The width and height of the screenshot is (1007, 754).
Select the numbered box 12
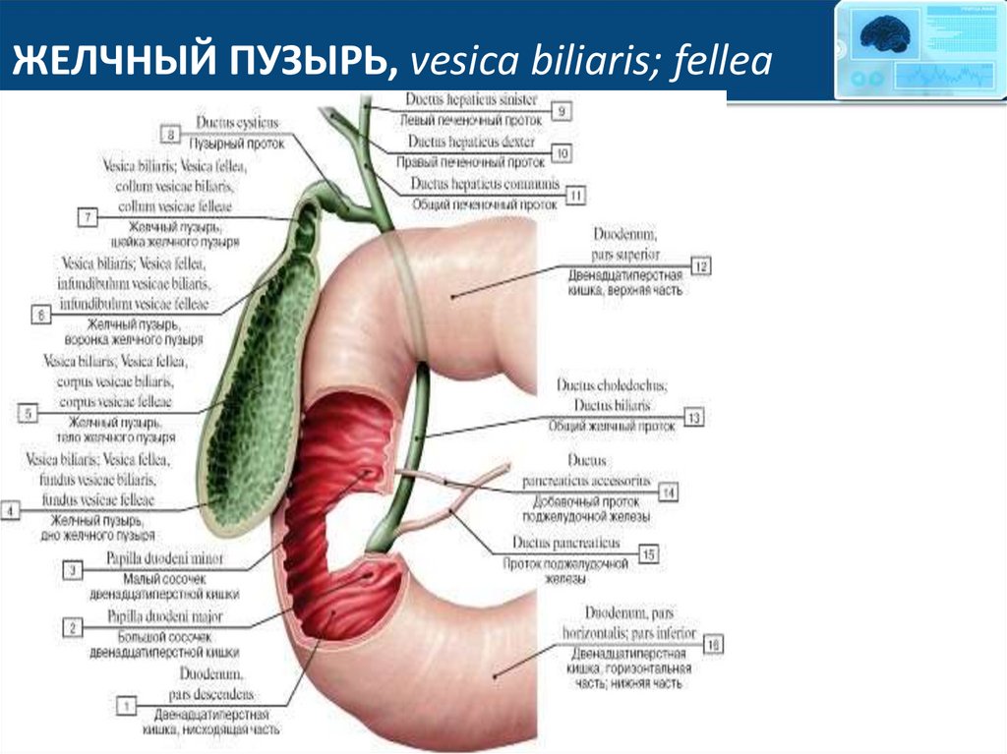click(x=700, y=266)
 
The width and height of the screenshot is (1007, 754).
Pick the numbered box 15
click(x=649, y=554)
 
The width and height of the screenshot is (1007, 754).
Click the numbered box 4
click(x=11, y=510)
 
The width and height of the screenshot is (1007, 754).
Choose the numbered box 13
click(x=694, y=419)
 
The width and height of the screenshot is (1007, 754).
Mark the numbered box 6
click(x=41, y=315)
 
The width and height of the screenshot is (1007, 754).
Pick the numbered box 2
click(x=71, y=626)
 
